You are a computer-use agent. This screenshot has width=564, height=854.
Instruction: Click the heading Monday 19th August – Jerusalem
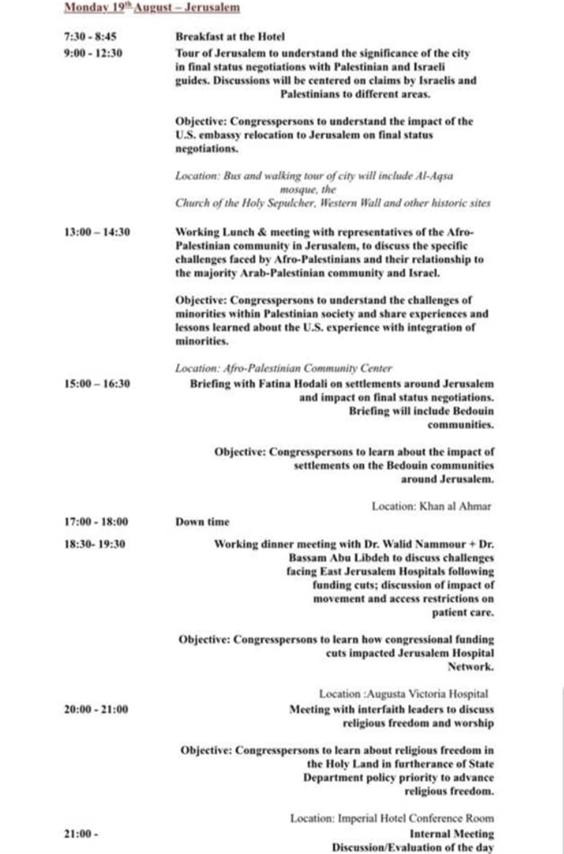(x=152, y=8)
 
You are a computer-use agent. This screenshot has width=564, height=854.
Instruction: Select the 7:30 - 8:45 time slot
(x=91, y=36)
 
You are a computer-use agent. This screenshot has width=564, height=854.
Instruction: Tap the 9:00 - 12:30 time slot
(x=94, y=52)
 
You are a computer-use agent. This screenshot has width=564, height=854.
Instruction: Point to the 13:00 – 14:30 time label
(x=97, y=232)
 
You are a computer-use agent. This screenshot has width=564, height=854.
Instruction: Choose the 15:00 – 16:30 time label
(x=97, y=383)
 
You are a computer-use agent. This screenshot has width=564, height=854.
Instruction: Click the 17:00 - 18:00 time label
(x=96, y=521)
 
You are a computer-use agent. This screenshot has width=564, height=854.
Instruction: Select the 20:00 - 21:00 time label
(x=96, y=709)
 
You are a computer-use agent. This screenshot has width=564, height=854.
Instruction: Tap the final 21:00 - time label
(x=80, y=834)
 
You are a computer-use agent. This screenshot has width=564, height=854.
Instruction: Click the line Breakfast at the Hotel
(x=230, y=36)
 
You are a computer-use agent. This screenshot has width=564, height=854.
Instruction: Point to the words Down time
(x=202, y=521)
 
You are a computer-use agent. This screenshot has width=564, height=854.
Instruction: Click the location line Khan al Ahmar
(x=431, y=506)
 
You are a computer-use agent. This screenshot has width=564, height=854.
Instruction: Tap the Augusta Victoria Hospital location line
(x=404, y=694)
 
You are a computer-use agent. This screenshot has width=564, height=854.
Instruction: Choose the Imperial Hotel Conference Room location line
(x=392, y=818)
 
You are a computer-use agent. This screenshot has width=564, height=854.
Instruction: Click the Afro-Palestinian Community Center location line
(x=283, y=368)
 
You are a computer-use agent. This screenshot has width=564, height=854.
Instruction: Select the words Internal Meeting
(x=452, y=834)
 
